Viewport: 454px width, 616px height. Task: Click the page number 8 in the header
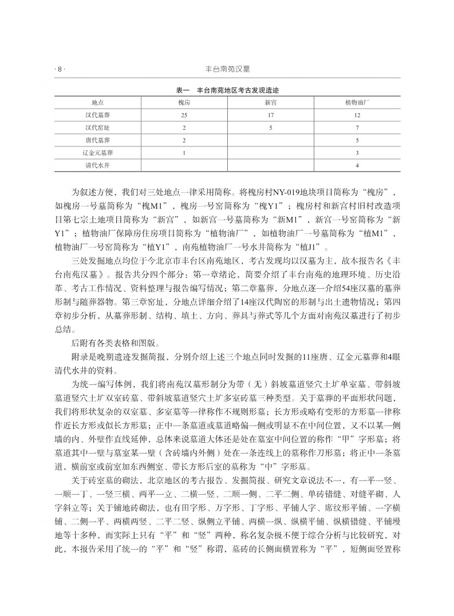[x=59, y=70]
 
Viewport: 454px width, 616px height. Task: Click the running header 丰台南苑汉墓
[x=227, y=70]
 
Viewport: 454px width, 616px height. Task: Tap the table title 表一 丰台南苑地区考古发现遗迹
[x=227, y=90]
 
